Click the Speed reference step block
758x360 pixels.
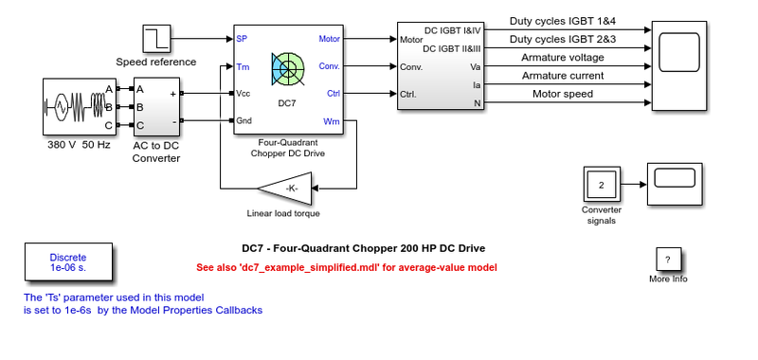coord(156,39)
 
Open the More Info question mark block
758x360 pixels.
coord(669,259)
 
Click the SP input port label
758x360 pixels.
coord(242,40)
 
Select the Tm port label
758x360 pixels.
coord(243,66)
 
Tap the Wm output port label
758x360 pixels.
coord(332,120)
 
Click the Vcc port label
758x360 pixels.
coord(244,93)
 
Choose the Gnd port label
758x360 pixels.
coord(244,120)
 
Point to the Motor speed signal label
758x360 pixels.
coord(563,94)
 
